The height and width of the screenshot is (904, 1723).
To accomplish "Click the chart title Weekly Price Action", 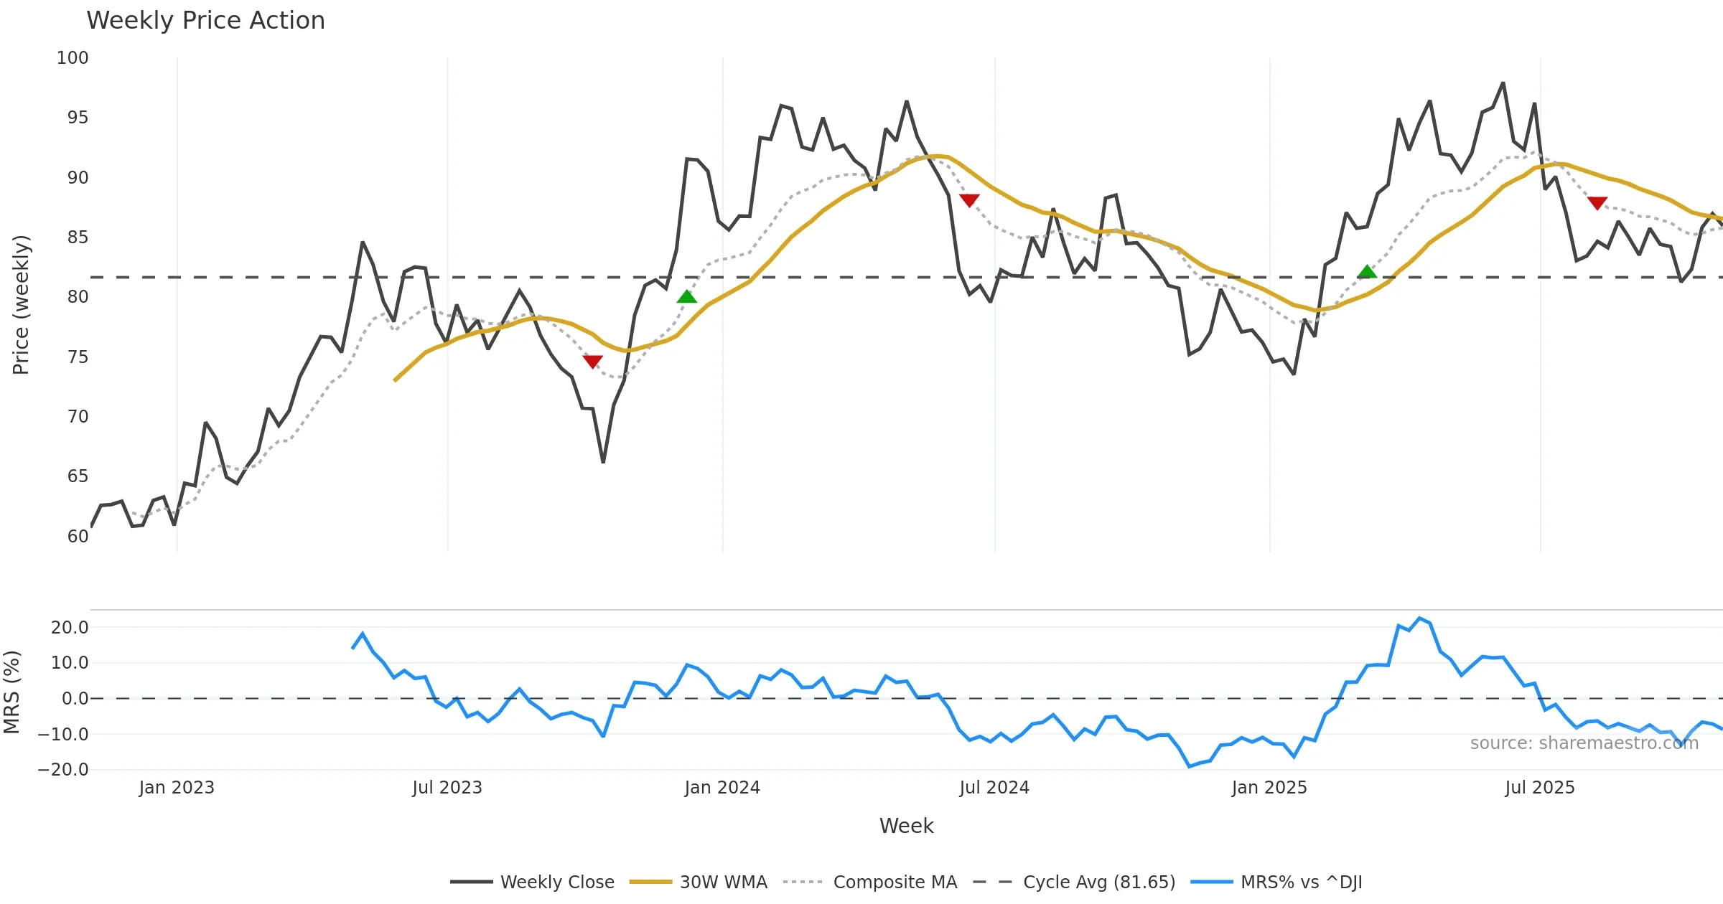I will point(205,21).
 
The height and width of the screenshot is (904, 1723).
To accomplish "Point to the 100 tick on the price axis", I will point(73,58).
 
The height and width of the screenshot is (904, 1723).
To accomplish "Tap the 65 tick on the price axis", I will point(78,476).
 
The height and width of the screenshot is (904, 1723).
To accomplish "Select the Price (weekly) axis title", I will point(21,305).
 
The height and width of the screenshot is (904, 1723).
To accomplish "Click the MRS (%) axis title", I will point(11,692).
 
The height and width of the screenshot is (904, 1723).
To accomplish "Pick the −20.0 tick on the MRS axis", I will point(63,770).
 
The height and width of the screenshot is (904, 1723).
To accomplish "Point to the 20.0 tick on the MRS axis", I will point(70,628).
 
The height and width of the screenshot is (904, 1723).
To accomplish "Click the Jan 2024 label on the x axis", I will point(722,788).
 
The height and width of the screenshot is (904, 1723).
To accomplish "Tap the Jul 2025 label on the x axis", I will point(1540,788).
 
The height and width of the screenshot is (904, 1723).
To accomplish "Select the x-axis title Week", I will point(906,827).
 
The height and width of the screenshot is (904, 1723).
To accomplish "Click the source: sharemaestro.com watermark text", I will point(1584,743).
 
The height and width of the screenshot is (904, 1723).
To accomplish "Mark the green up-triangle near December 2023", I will point(687,297).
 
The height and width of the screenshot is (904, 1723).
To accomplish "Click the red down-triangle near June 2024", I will point(969,200).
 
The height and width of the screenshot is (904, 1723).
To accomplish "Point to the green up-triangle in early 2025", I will point(1367,271).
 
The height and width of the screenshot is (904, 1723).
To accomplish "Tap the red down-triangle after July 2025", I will point(1597,203).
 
